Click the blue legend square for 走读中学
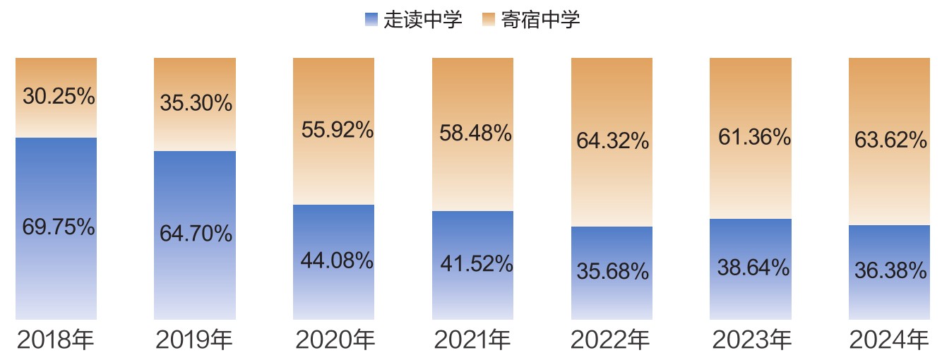371,20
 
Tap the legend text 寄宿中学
540,20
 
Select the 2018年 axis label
55,341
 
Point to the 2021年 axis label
472,341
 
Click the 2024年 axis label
888,341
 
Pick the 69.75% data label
59,227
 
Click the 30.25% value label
59,97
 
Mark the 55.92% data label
337,130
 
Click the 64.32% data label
612,141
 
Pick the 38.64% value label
753,268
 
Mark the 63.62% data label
890,140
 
